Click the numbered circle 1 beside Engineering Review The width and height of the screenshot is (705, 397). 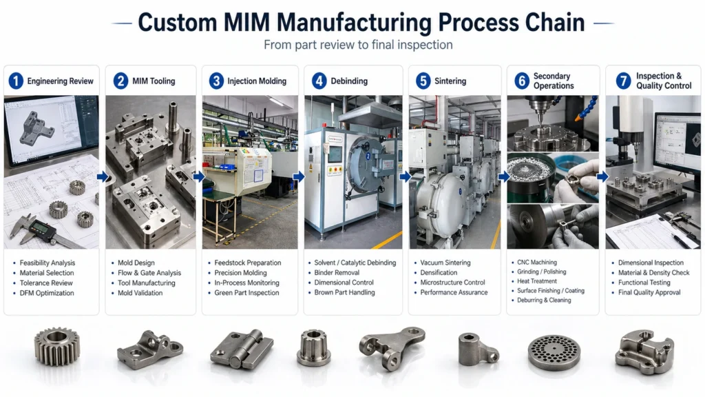(16, 81)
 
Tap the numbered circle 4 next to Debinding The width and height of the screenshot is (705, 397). (319, 81)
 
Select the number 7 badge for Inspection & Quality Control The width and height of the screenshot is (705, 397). (623, 81)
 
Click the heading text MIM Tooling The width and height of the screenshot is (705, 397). (154, 81)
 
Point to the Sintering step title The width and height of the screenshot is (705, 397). (450, 81)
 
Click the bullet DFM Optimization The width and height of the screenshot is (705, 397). (47, 293)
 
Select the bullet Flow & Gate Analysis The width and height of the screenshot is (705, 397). (149, 273)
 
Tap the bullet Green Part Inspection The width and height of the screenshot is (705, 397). (246, 292)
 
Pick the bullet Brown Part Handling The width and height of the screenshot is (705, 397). (344, 292)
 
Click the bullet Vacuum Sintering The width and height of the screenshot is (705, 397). (445, 263)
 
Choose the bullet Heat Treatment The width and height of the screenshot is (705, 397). (537, 281)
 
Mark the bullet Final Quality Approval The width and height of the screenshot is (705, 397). (649, 292)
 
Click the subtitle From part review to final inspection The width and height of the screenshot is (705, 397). (358, 45)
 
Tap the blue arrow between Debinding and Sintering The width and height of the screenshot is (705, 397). (405, 176)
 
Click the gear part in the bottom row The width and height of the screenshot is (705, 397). (56, 347)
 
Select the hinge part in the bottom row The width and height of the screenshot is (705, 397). (242, 349)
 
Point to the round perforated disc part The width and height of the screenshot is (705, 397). (554, 353)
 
